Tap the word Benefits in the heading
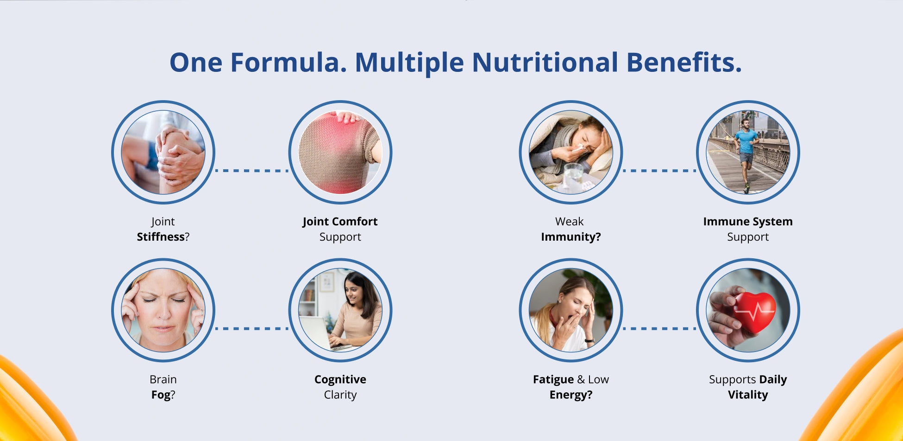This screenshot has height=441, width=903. (684, 62)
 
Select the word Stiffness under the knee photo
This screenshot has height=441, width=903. (161, 237)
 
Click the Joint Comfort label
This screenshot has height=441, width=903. (340, 222)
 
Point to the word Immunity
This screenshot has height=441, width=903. (571, 237)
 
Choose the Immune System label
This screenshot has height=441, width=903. (748, 222)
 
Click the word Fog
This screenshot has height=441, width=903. (161, 395)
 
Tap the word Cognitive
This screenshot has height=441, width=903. (340, 379)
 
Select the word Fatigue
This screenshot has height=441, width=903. (553, 379)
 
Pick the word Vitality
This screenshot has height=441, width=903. (748, 395)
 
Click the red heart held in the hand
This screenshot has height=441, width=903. (754, 311)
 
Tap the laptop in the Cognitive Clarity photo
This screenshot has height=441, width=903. (320, 333)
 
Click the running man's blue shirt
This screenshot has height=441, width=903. (746, 141)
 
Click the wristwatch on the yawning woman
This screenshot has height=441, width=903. (589, 340)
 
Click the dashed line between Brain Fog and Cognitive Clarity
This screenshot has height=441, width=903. (252, 329)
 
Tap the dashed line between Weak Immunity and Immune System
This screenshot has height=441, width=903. (659, 171)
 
